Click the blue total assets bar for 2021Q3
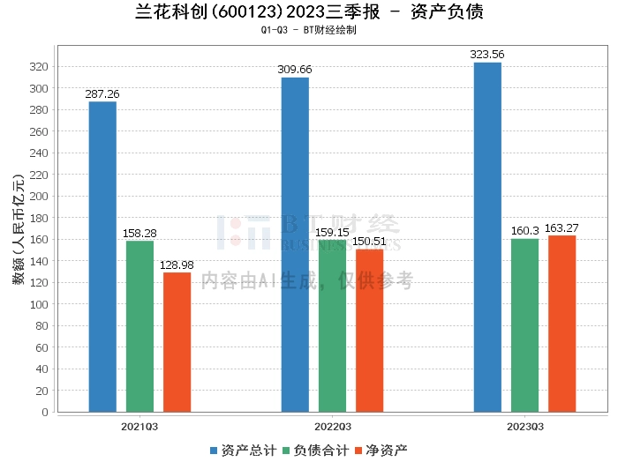(102, 257)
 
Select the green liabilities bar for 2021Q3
(139, 326)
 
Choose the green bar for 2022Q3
(332, 325)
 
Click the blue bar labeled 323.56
(487, 237)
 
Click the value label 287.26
(102, 93)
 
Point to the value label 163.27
(561, 227)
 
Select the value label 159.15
(332, 231)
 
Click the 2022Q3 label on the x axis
(332, 426)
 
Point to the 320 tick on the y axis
(39, 67)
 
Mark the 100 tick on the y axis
(39, 304)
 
